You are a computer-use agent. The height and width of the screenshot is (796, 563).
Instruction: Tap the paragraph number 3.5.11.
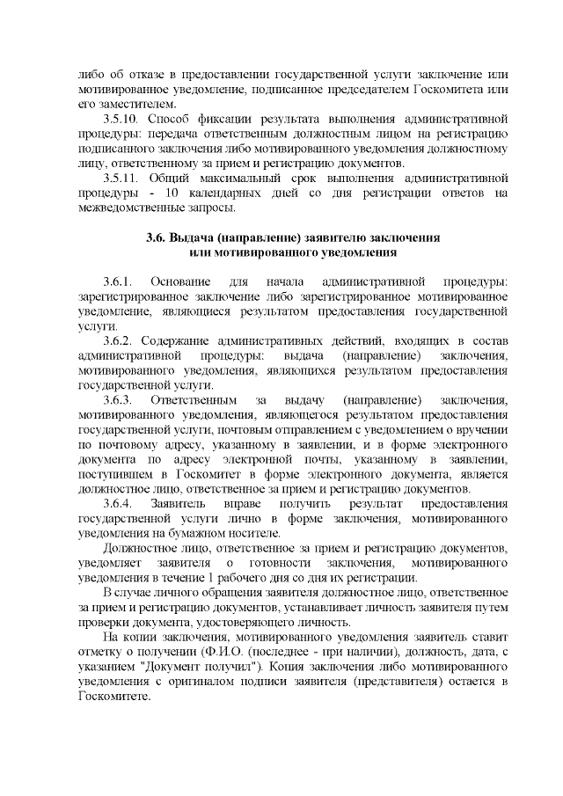point(121,179)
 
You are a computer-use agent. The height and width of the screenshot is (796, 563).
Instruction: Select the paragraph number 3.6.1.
point(116,281)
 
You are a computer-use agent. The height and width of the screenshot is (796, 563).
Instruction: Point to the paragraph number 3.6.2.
point(116,340)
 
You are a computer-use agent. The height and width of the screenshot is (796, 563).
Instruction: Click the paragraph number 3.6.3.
point(116,400)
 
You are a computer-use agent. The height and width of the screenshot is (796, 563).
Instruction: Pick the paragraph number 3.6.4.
point(116,503)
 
